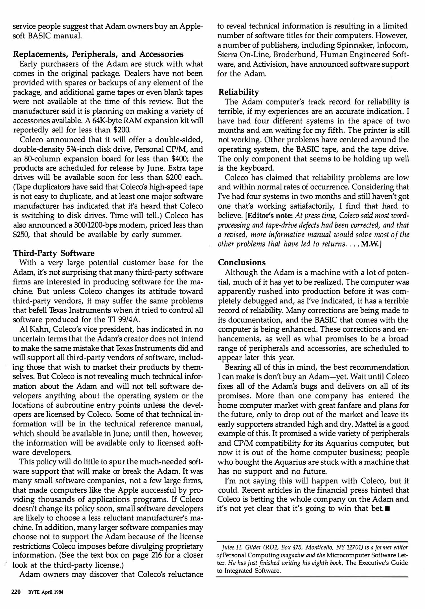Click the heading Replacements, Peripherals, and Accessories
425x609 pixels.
[x=98, y=54]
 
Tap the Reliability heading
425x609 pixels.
[x=238, y=92]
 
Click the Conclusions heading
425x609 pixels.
[x=242, y=262]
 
